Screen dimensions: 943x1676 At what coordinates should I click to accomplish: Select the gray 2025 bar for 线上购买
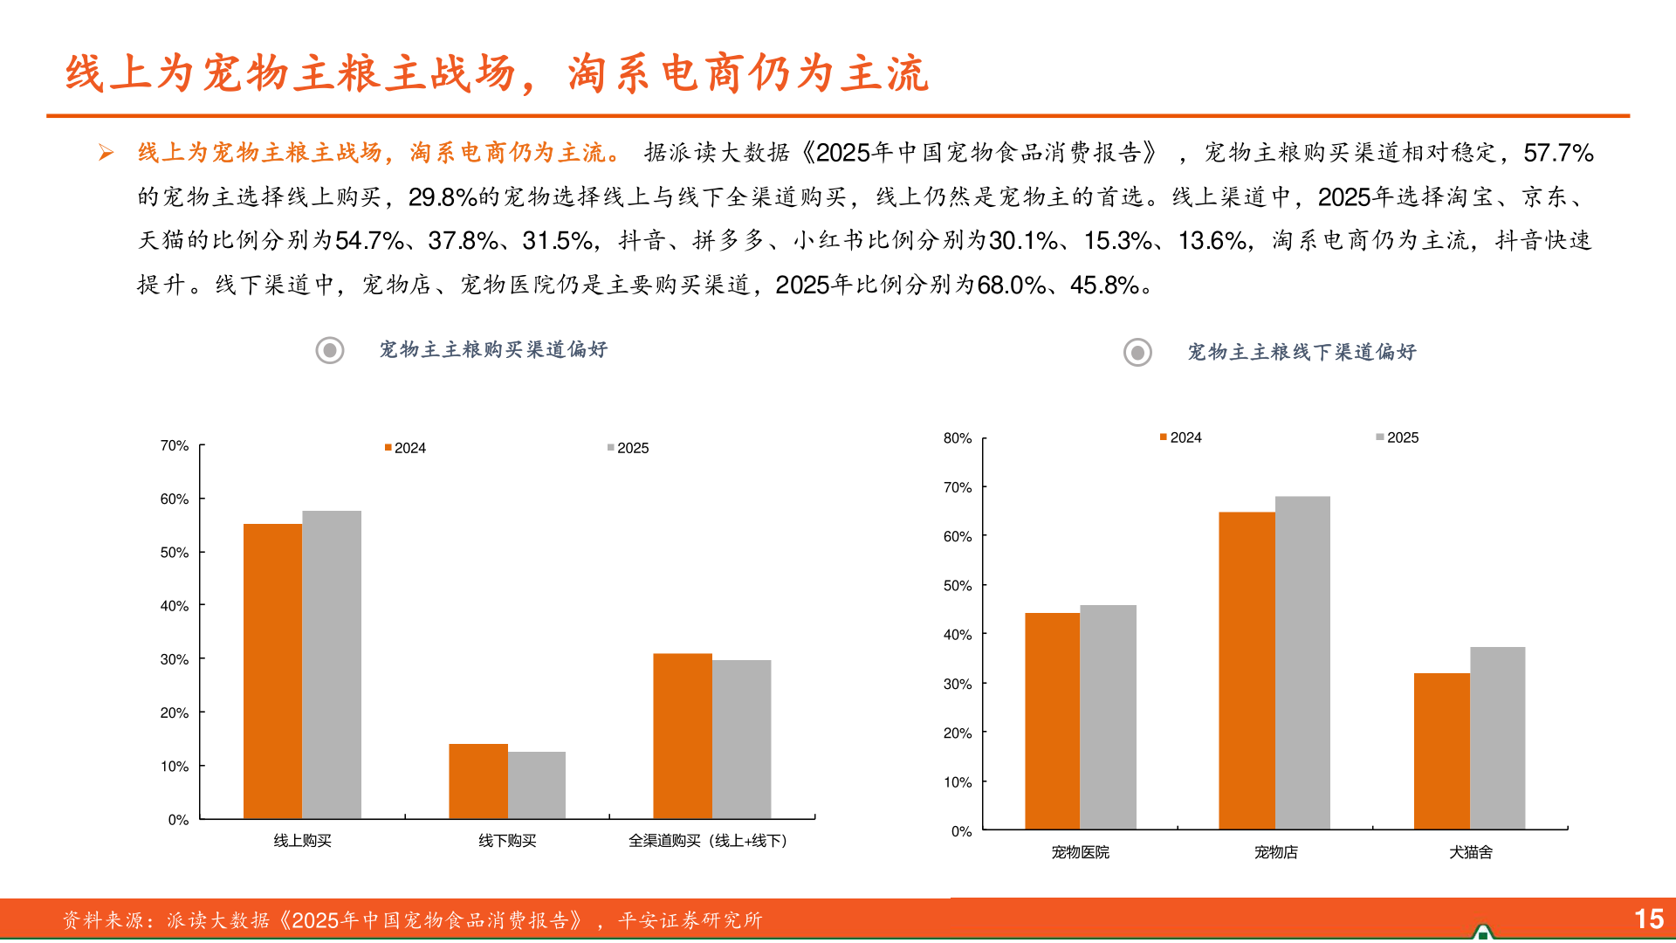point(332,664)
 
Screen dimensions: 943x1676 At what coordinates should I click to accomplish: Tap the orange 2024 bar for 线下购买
point(478,781)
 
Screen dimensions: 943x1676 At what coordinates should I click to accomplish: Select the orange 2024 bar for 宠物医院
point(1052,720)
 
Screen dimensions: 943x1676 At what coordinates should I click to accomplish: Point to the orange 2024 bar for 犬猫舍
point(1441,751)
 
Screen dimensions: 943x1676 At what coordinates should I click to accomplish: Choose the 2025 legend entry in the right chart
point(1398,437)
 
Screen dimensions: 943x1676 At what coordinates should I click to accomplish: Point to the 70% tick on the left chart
point(175,445)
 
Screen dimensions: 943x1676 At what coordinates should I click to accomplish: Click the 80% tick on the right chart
point(958,437)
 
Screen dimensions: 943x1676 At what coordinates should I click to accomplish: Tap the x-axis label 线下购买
point(507,841)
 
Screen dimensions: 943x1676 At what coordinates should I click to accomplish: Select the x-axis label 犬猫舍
point(1471,852)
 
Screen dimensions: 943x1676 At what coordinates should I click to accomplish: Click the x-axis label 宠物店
point(1275,852)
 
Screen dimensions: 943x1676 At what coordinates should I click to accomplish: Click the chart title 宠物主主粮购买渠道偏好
point(493,350)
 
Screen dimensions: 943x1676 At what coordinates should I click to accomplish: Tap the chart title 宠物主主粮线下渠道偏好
point(1302,352)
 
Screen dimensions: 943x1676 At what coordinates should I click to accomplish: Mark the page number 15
point(1649,919)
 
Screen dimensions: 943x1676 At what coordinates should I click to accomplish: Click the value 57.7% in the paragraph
point(1558,153)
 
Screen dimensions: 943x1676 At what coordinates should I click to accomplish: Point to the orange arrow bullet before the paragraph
point(106,153)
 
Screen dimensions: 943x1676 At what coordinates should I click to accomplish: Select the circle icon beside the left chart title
point(330,351)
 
